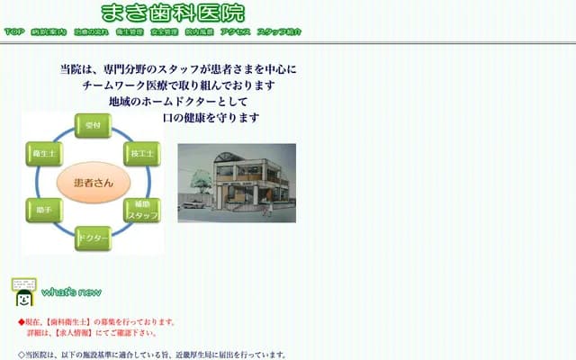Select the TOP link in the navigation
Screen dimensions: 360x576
13,31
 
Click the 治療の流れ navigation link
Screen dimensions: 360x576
91,31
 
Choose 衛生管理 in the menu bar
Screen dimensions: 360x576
130,31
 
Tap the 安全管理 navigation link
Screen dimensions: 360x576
164,31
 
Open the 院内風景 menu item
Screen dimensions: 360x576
199,31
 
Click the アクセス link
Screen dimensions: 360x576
235,31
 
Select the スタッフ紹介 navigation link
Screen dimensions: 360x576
279,31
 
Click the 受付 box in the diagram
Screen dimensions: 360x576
92,127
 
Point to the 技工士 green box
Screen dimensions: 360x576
141,153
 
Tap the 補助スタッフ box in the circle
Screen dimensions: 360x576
142,211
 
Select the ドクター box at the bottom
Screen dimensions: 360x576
93,238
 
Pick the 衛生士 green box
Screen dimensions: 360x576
41,154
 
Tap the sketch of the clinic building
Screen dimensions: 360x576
236,184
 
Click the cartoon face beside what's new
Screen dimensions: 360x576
23,293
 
